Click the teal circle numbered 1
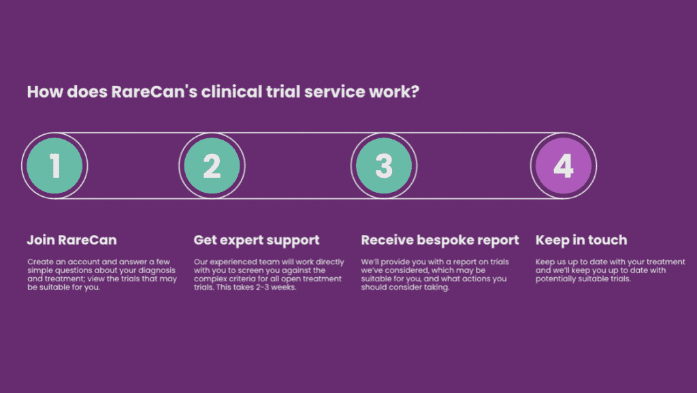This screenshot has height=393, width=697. (54, 166)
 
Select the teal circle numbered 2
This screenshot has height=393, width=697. (212, 166)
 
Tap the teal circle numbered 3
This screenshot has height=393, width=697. (384, 166)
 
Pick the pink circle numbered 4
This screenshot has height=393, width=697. (564, 166)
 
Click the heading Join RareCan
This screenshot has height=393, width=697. (72, 240)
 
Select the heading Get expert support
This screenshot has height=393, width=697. (257, 240)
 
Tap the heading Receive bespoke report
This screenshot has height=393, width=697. (440, 240)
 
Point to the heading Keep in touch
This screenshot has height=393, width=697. (581, 240)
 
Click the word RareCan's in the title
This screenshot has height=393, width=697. (154, 91)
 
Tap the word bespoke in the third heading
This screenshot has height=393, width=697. (441, 240)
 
